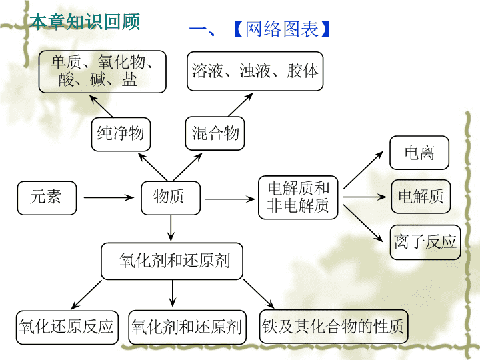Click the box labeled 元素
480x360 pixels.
pyautogui.click(x=47, y=198)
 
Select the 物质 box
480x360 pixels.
pyautogui.click(x=171, y=198)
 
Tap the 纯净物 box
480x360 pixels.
pyautogui.click(x=121, y=134)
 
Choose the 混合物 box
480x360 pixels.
pyautogui.click(x=215, y=133)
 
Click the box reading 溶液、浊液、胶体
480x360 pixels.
pyautogui.click(x=255, y=71)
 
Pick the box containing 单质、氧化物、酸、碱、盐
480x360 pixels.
pyautogui.click(x=102, y=71)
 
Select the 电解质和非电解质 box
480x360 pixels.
pyautogui.click(x=298, y=197)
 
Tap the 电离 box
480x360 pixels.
pyautogui.click(x=419, y=153)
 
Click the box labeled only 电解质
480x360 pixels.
pyautogui.click(x=421, y=196)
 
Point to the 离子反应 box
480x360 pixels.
pyautogui.click(x=425, y=242)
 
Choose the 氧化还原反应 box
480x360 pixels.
pyautogui.click(x=67, y=327)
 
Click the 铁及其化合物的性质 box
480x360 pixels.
pyautogui.click(x=334, y=326)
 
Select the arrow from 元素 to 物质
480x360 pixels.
pyautogui.click(x=109, y=197)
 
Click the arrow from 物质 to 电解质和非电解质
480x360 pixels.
pyautogui.click(x=230, y=199)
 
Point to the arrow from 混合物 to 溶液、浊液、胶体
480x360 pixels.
pyautogui.click(x=241, y=105)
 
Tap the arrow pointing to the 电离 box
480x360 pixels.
pyautogui.click(x=363, y=170)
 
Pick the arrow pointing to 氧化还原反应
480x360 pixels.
pyautogui.click(x=86, y=295)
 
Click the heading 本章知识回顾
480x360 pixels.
pyautogui.click(x=85, y=22)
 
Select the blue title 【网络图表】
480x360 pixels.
pyautogui.click(x=281, y=29)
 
